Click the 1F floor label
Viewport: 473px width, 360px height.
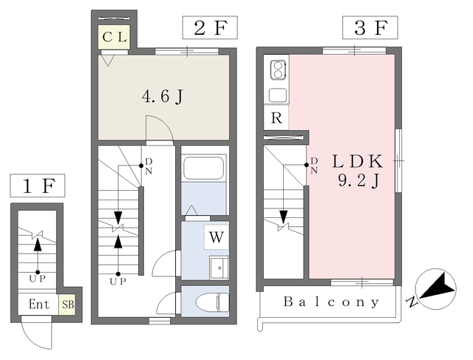click(x=38, y=186)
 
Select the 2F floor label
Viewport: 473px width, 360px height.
click(x=210, y=28)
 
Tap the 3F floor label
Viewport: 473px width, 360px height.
click(x=370, y=28)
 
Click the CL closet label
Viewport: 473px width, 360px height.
click(x=115, y=37)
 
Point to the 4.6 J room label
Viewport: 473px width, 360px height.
click(x=163, y=97)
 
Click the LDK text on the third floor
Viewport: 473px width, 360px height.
click(x=358, y=161)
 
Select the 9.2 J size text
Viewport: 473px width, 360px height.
click(x=358, y=181)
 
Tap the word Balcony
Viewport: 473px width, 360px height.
click(x=331, y=302)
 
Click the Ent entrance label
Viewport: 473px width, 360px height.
click(x=39, y=304)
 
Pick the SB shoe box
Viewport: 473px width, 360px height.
click(x=67, y=304)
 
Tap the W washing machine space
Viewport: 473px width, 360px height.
click(x=217, y=237)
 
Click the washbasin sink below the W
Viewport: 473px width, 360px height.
click(x=220, y=268)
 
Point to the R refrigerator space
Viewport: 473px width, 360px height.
click(x=276, y=118)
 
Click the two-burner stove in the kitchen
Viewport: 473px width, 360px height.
click(x=278, y=70)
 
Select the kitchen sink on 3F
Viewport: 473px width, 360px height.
click(x=278, y=95)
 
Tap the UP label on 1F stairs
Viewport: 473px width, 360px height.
click(x=38, y=279)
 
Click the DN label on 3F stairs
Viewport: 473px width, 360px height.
click(x=314, y=166)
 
